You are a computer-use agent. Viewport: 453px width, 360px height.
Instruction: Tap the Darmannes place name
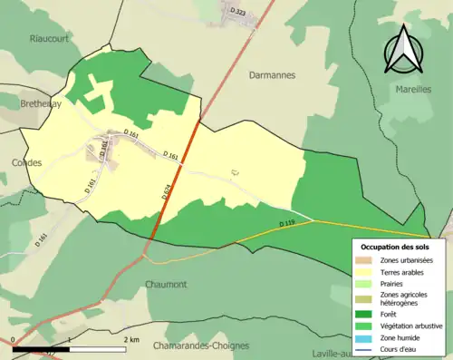click(272, 76)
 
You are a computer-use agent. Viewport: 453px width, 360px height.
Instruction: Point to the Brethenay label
click(41, 104)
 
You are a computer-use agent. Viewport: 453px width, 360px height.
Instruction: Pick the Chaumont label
click(166, 284)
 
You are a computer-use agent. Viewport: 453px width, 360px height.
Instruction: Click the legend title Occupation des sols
click(396, 247)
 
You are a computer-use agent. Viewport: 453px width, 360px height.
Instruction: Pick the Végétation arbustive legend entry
click(409, 324)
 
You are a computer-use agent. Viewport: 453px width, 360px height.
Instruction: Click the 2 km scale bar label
click(130, 339)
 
